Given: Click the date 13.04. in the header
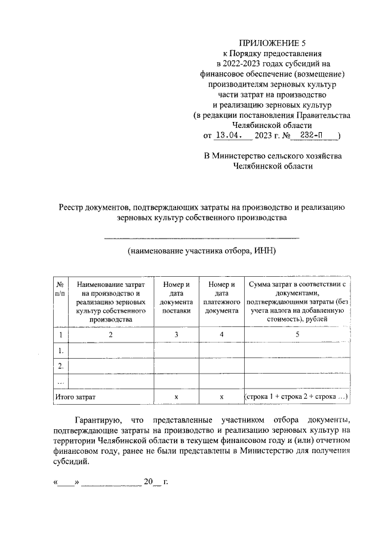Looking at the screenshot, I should [229, 135].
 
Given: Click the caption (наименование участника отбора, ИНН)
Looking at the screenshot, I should [201, 251].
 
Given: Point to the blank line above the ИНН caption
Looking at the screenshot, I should [201, 238].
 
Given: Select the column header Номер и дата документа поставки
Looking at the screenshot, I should [176, 298].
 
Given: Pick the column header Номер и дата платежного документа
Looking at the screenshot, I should [221, 298].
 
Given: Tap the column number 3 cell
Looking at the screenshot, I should [176, 335].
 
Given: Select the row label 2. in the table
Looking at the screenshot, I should [60, 365].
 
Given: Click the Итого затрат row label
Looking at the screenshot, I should [75, 396].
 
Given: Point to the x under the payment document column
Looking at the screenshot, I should [221, 396].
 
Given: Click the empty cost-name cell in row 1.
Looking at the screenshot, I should [112, 350].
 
